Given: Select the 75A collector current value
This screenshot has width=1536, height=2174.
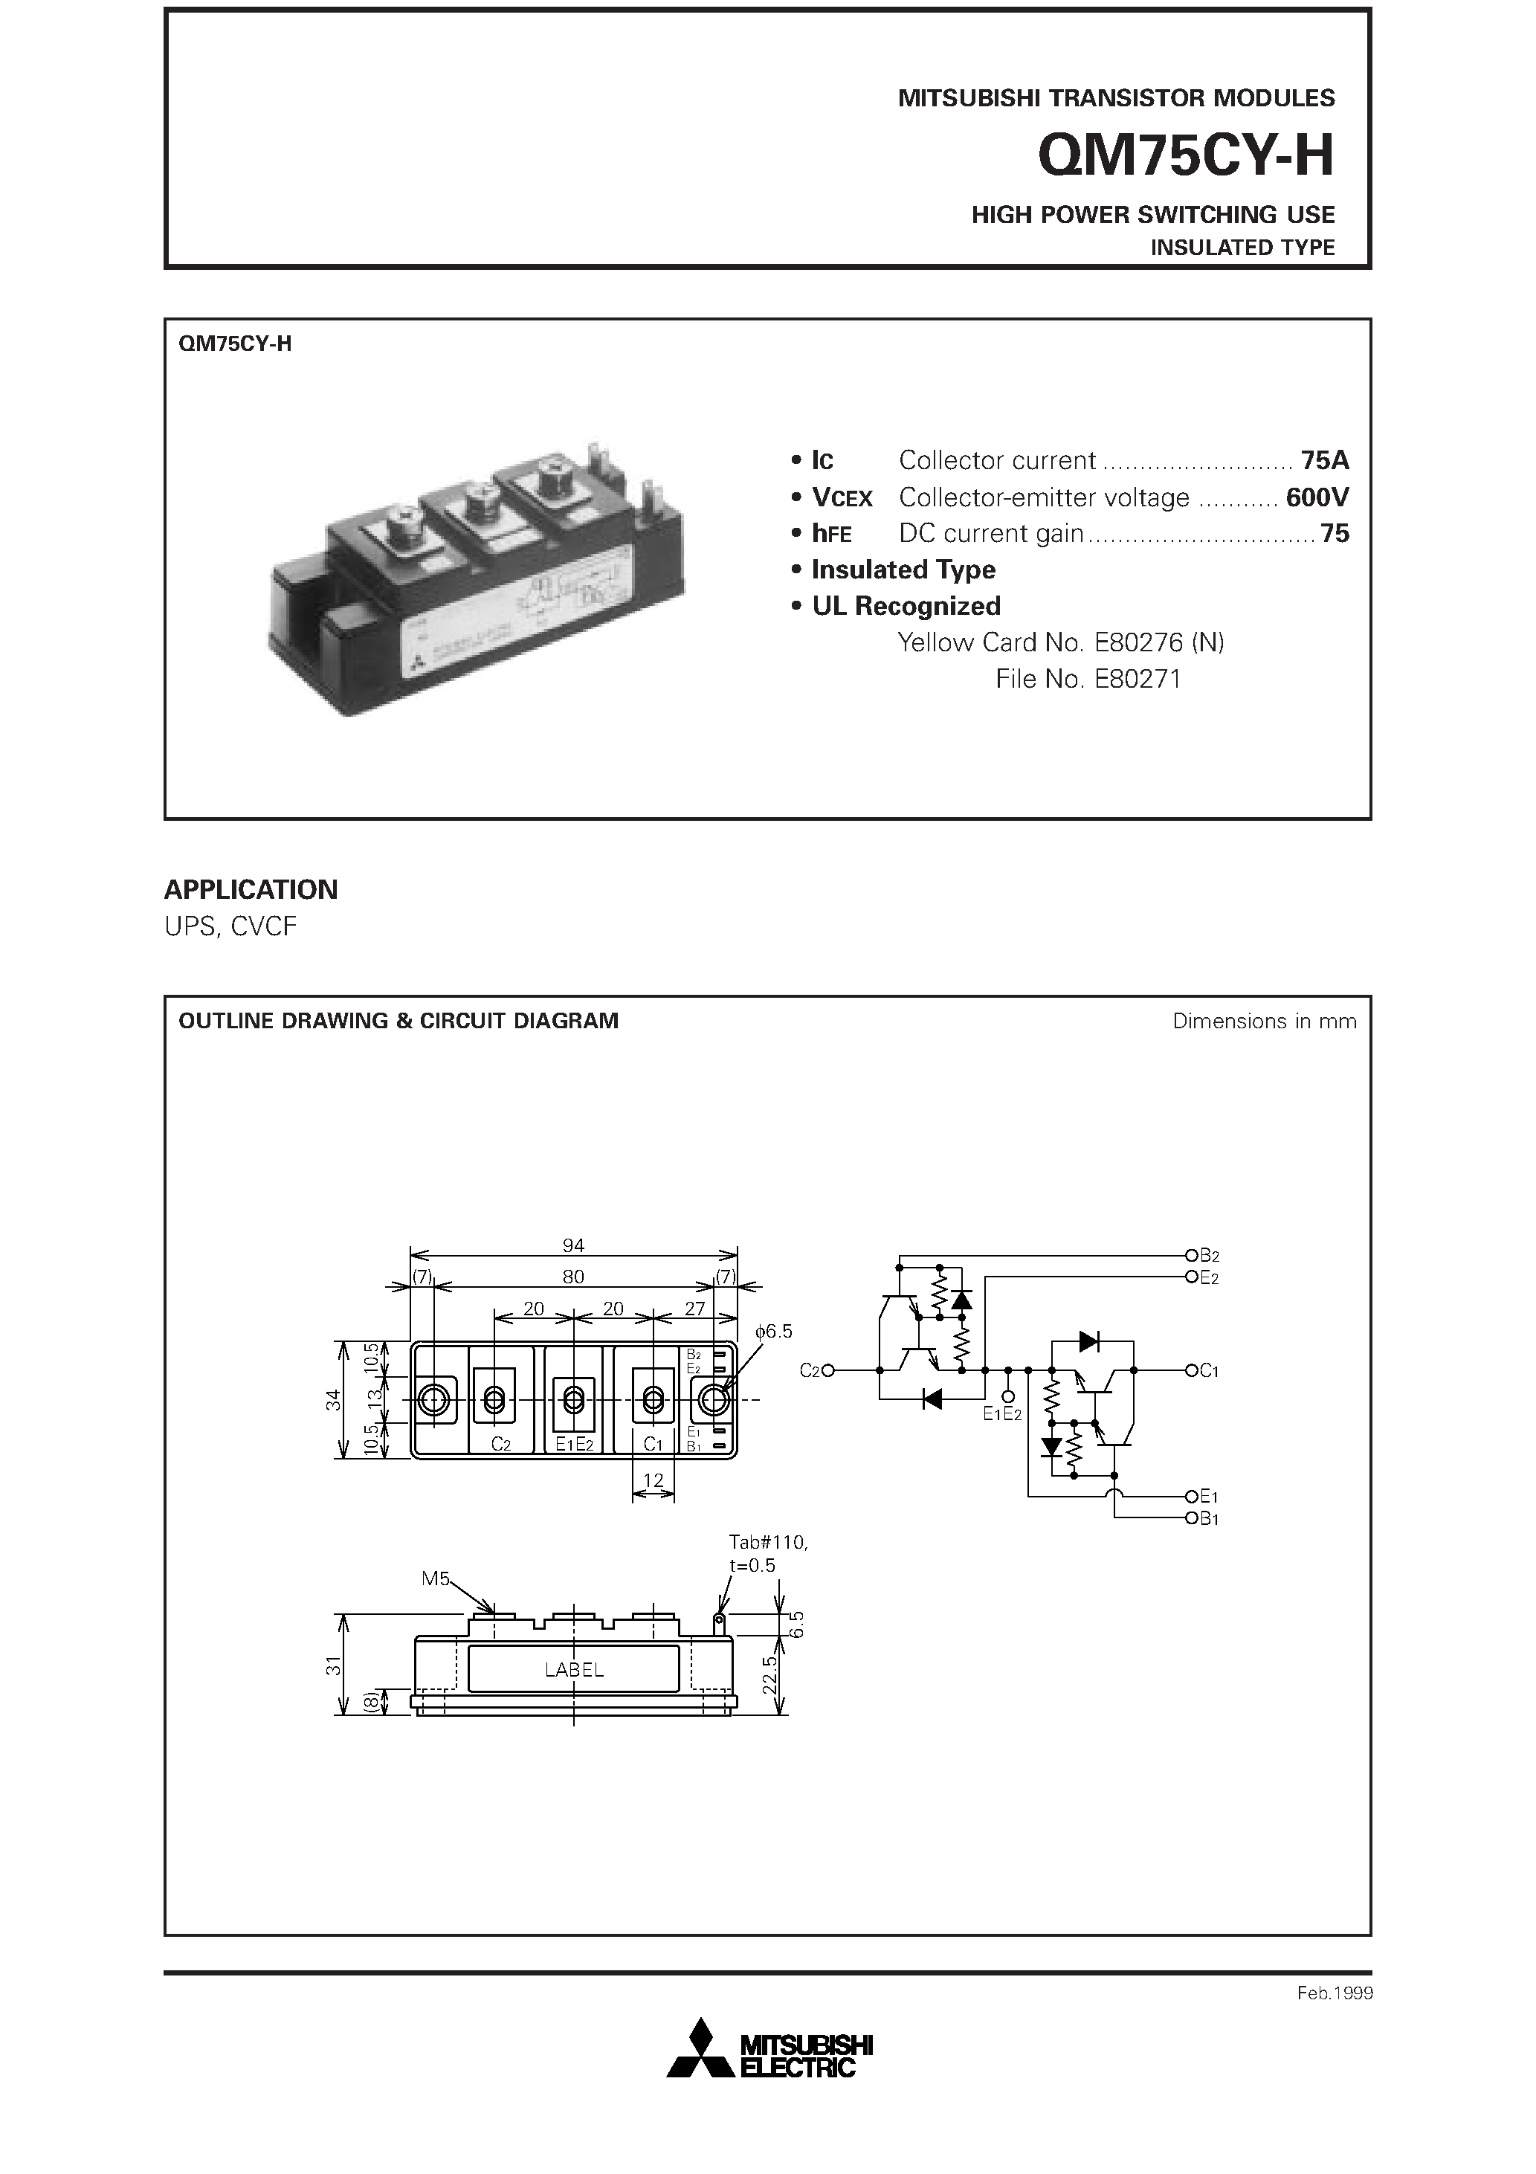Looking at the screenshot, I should pyautogui.click(x=1324, y=461).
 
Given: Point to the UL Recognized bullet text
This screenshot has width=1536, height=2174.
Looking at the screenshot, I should pyautogui.click(x=906, y=606).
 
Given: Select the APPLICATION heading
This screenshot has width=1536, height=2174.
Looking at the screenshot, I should pyautogui.click(x=251, y=889).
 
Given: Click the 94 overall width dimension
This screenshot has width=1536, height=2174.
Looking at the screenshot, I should pyautogui.click(x=573, y=1245).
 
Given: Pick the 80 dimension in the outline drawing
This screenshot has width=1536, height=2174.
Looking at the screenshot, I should pyautogui.click(x=573, y=1277).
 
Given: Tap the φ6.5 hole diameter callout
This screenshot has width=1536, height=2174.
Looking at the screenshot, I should pyautogui.click(x=774, y=1332).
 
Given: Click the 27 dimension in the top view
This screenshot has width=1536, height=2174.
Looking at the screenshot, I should pyautogui.click(x=694, y=1309).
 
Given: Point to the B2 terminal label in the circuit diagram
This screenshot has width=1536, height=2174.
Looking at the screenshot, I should pyautogui.click(x=1210, y=1256).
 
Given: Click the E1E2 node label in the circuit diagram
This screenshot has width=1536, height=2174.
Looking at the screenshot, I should pyautogui.click(x=1002, y=1415).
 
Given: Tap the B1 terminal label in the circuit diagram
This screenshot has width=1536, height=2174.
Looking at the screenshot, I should pyautogui.click(x=1210, y=1519).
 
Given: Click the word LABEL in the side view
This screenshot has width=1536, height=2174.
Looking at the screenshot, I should pyautogui.click(x=574, y=1670).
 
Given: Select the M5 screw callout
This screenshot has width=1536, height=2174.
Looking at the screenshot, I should pyautogui.click(x=436, y=1578).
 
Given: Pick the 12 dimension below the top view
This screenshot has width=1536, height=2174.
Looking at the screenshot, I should pyautogui.click(x=654, y=1480).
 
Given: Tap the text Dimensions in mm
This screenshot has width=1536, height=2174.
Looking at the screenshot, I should pyautogui.click(x=1263, y=1021).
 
